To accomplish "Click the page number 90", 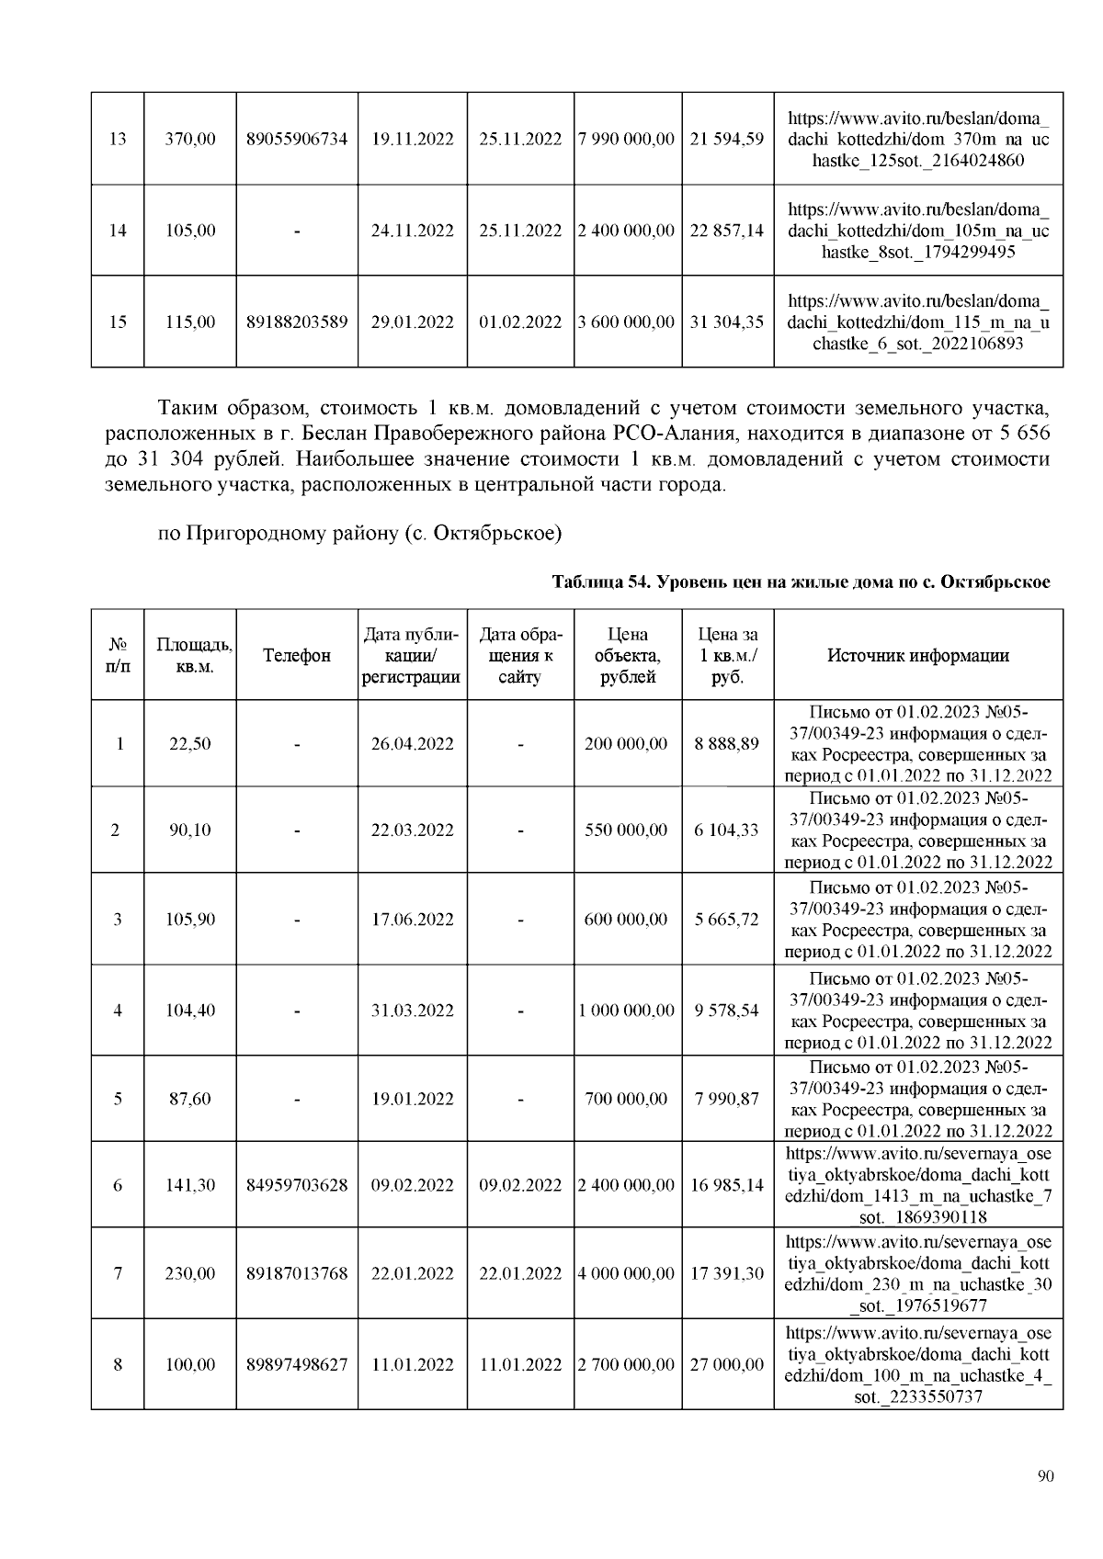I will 1044,1476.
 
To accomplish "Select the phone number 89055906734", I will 297,140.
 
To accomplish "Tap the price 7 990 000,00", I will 628,140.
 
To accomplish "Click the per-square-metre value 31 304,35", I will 726,322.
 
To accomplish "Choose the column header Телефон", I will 297,656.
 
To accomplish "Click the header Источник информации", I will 917,656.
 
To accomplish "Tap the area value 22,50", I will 190,744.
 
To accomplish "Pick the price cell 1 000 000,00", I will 628,1011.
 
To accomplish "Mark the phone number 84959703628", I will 297,1186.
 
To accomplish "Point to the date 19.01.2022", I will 412,1099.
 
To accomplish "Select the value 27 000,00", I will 726,1365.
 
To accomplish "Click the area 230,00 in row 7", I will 190,1274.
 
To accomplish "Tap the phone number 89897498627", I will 297,1365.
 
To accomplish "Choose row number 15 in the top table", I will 118,322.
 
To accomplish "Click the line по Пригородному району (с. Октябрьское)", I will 359,533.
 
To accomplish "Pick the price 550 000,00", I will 626,830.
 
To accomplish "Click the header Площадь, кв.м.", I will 190,656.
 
